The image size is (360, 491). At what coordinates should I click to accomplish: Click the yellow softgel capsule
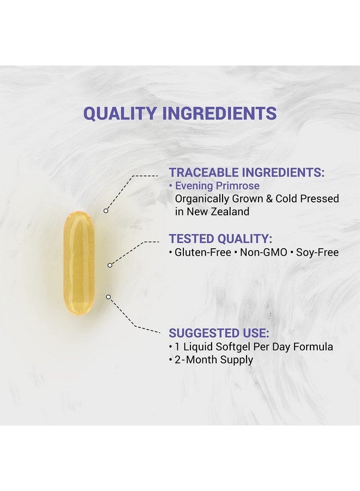pos(79,263)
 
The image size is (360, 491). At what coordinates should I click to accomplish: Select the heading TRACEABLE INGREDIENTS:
pos(247,172)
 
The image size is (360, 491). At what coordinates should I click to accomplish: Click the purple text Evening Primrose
pos(217,186)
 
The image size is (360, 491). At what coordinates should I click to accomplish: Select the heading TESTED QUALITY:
pos(220,238)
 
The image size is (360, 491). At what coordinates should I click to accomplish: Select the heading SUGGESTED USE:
pos(219,333)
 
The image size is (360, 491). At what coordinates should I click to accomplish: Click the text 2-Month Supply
pos(214,360)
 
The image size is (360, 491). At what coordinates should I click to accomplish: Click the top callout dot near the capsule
pos(106,210)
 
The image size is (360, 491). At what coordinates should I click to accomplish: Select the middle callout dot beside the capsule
pos(110,265)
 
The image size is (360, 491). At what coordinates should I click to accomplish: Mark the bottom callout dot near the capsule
pos(108,297)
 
